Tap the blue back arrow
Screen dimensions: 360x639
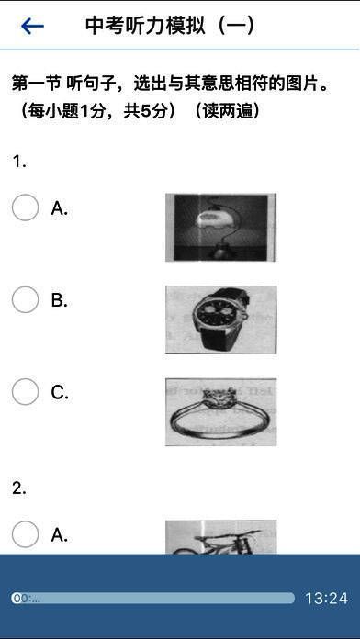[x=32, y=27]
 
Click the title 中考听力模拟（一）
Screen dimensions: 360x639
[x=170, y=26]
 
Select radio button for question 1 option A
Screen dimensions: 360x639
[x=26, y=207]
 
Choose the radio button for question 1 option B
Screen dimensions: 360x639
[x=26, y=299]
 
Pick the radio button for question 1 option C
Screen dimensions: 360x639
[x=26, y=392]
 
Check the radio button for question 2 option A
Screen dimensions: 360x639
[x=26, y=534]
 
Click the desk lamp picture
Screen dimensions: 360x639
[x=220, y=227]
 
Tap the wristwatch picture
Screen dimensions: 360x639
[x=220, y=319]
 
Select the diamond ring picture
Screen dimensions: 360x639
[x=220, y=412]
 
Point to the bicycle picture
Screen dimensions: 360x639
[x=220, y=537]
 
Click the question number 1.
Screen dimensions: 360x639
[x=19, y=163]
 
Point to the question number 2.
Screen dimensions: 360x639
[x=19, y=488]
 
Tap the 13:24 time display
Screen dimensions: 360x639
[x=327, y=599]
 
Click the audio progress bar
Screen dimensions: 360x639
[x=152, y=599]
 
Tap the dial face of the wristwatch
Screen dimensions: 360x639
[x=219, y=315]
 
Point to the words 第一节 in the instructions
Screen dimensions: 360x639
[x=37, y=84]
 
